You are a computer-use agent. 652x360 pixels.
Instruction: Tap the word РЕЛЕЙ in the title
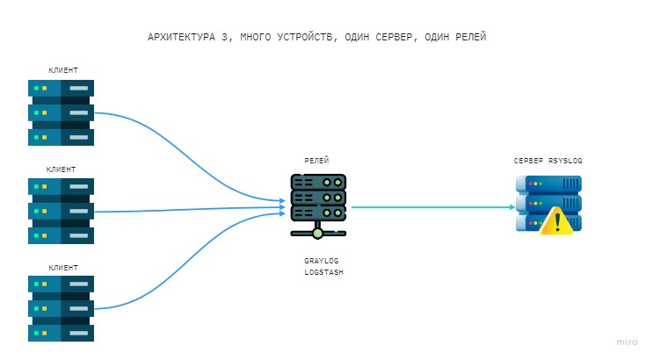[467, 38]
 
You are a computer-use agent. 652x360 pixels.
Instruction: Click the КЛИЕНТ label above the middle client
[61, 169]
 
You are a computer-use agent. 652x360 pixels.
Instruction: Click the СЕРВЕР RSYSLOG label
[548, 162]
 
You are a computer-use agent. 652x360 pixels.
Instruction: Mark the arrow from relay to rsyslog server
[431, 207]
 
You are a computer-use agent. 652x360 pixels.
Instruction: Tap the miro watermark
[626, 342]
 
